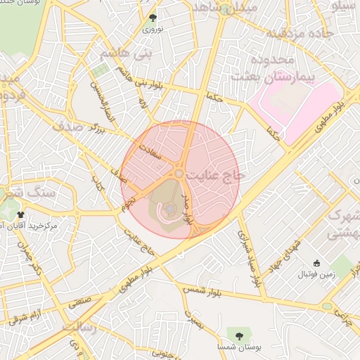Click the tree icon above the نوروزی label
(153, 18)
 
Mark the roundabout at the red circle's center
(179, 173)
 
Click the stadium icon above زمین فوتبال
(317, 263)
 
